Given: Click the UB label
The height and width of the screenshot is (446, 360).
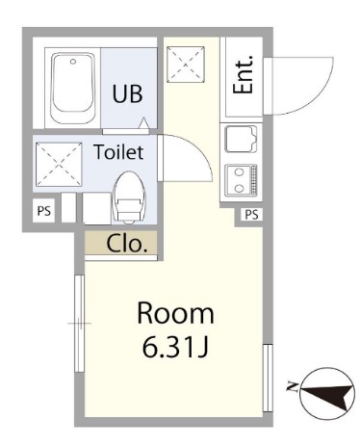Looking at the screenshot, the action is (127, 93).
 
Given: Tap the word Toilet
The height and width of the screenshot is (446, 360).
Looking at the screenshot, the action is (118, 152).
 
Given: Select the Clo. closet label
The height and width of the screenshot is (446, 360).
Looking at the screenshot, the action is (127, 244).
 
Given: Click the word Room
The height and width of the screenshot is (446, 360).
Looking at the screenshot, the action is (175, 313).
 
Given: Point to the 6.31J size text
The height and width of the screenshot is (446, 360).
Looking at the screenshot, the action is (175, 348).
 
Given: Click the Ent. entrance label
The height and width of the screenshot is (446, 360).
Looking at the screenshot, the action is (243, 74).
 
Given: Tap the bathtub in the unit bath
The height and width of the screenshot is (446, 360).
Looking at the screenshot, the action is (73, 88).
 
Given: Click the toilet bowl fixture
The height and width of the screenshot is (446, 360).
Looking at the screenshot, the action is (129, 197).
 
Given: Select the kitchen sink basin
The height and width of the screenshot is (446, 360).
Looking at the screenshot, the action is (242, 139).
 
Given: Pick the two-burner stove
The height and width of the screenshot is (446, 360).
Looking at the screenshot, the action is (242, 180).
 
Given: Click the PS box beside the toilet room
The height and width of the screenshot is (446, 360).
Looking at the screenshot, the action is (44, 211).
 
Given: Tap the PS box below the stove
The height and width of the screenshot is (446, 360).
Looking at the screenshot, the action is (251, 215).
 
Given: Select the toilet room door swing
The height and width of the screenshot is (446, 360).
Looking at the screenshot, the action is (198, 146).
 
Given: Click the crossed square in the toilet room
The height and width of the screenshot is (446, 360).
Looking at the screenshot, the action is (59, 164).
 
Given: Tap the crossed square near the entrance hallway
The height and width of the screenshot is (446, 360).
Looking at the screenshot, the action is (186, 65).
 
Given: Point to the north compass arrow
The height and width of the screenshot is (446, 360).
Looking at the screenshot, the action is (327, 394).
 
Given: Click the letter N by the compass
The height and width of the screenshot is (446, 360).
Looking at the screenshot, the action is (292, 387).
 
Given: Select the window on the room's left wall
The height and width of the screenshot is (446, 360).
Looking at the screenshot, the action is (79, 323).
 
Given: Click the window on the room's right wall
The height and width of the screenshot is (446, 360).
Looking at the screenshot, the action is (268, 378).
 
